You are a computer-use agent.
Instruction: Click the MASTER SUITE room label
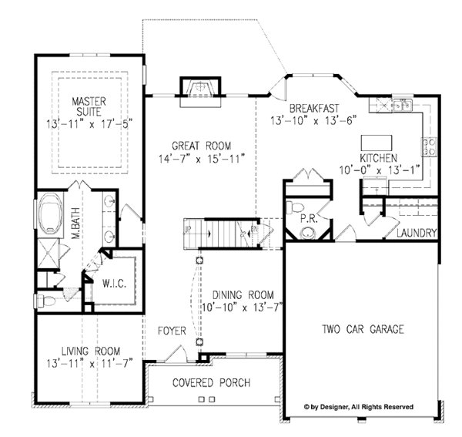(x=89, y=106)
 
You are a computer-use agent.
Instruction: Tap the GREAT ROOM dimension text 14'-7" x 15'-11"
(x=202, y=159)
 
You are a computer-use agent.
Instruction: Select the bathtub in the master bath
(x=50, y=212)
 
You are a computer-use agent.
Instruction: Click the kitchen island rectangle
(x=377, y=143)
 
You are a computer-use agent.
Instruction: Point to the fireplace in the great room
(x=200, y=88)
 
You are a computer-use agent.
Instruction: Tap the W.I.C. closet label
(x=114, y=284)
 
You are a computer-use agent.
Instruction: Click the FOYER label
(x=172, y=331)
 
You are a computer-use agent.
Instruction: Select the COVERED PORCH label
(x=211, y=383)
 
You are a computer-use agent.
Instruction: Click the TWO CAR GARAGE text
(x=363, y=329)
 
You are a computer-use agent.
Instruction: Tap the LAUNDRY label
(x=416, y=233)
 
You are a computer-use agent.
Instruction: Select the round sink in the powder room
(x=308, y=233)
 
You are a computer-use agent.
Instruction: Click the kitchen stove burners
(x=429, y=147)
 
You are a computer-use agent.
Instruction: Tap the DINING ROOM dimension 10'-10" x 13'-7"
(x=243, y=308)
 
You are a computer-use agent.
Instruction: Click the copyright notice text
(x=359, y=407)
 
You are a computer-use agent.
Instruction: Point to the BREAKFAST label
(x=314, y=108)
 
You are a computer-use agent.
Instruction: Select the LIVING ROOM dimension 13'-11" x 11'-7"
(x=89, y=363)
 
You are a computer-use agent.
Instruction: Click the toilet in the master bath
(x=45, y=301)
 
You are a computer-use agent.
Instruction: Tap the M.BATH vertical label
(x=76, y=223)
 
